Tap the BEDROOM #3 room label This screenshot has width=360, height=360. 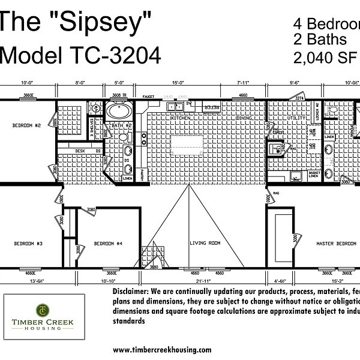[x=29, y=243]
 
